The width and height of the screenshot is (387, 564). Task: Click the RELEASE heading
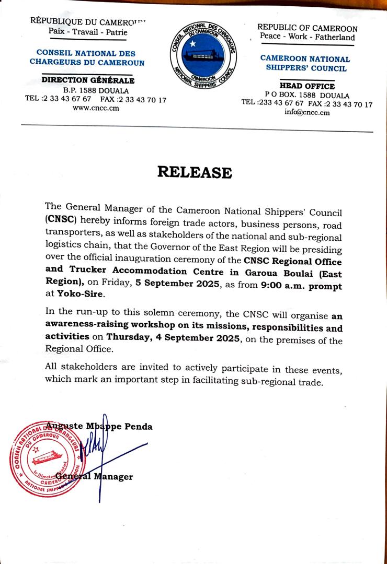click(x=194, y=172)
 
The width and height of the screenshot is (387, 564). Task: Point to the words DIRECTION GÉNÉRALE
click(x=88, y=80)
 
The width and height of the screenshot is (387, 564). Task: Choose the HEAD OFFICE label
click(x=307, y=86)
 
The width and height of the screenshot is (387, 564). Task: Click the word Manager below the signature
click(x=113, y=476)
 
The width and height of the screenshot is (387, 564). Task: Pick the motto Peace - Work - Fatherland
click(x=307, y=37)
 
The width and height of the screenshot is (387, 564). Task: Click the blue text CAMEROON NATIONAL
click(x=305, y=59)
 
